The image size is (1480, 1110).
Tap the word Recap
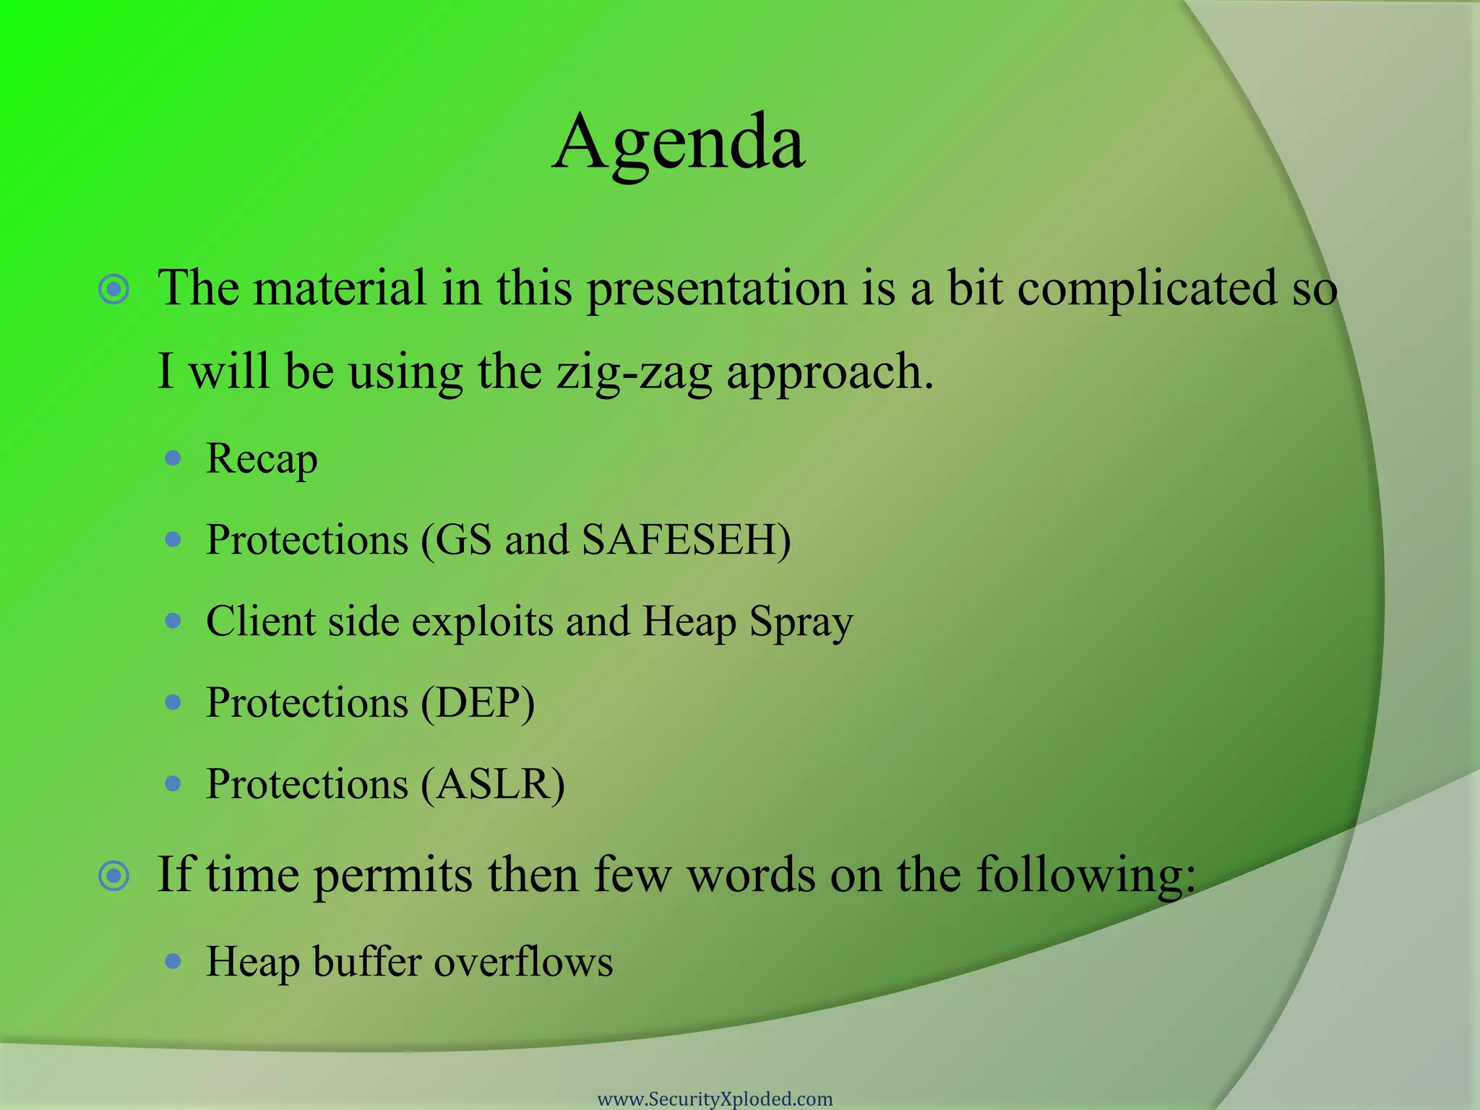tap(262, 459)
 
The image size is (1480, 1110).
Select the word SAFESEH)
tap(686, 540)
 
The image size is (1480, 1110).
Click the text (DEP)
tap(478, 702)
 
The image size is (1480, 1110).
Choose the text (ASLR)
tap(493, 784)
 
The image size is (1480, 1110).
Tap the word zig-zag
tap(634, 372)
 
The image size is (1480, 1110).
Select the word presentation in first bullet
tap(716, 288)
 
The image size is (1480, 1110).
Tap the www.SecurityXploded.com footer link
tap(715, 1099)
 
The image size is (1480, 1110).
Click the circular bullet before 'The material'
tap(114, 290)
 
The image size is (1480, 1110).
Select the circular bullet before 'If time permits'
tap(114, 877)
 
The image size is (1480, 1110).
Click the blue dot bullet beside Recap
tap(173, 457)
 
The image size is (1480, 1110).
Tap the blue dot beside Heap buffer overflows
tap(173, 961)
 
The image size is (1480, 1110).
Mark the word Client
tap(261, 621)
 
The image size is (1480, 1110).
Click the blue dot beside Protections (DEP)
tap(173, 702)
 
